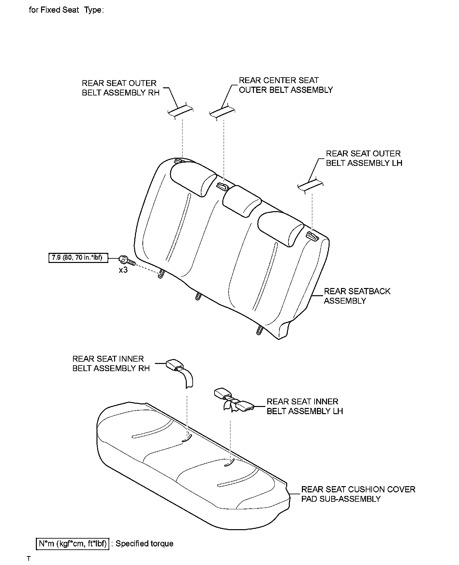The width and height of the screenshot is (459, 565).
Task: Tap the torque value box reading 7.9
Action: click(x=78, y=258)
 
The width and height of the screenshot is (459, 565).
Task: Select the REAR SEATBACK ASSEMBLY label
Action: click(x=357, y=296)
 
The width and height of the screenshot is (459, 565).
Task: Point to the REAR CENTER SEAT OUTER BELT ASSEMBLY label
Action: click(x=286, y=85)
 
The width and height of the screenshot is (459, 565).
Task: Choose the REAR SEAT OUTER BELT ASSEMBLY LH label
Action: click(x=364, y=158)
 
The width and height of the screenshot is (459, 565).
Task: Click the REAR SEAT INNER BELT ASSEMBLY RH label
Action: click(x=111, y=364)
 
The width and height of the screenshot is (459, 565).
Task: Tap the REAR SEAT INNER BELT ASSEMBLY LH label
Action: click(x=305, y=406)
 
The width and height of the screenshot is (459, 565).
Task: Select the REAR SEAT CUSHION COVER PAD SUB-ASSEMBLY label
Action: click(x=358, y=494)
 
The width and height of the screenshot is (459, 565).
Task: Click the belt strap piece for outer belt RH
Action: click(x=180, y=111)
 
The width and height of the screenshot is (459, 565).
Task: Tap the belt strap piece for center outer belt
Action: click(x=222, y=111)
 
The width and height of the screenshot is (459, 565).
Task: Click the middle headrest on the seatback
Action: click(x=242, y=201)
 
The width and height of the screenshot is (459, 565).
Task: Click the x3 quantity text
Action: click(x=123, y=270)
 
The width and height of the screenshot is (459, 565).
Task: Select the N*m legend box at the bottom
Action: click(x=72, y=543)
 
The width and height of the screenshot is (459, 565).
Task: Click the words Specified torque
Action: click(x=144, y=543)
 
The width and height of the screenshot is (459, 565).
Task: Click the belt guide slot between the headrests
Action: click(x=223, y=186)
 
